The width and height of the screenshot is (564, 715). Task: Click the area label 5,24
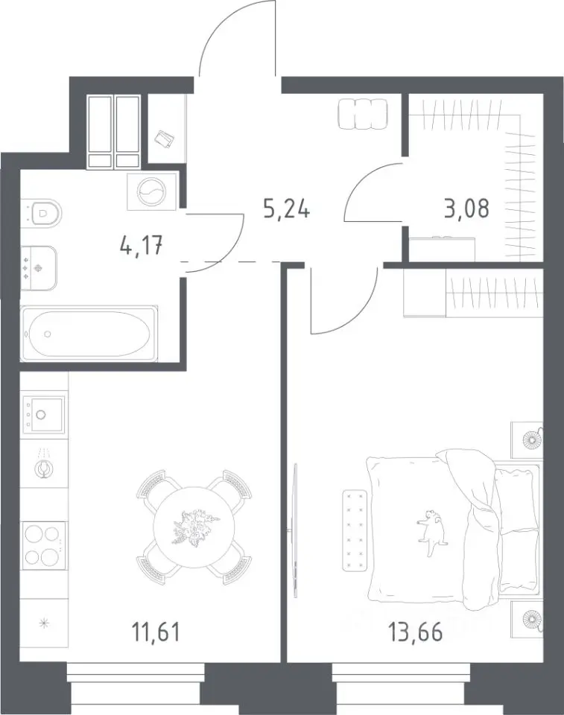click(287, 210)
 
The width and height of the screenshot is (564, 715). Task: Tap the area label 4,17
click(141, 247)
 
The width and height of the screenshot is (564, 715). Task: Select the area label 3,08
click(466, 209)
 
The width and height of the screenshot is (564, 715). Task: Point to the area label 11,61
click(156, 632)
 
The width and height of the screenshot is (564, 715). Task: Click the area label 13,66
click(415, 632)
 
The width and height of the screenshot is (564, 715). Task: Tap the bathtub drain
click(48, 334)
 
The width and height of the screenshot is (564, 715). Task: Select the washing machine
click(152, 191)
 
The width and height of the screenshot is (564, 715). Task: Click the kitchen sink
click(44, 413)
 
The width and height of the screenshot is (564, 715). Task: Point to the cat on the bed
click(431, 532)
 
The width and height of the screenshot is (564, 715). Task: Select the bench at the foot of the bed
click(355, 530)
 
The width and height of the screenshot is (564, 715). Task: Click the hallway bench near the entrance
click(363, 114)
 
